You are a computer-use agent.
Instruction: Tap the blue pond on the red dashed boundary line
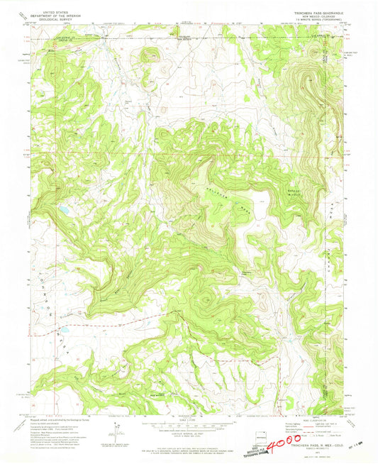(x=62, y=331)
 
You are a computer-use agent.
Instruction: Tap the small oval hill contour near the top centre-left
(x=151, y=55)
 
